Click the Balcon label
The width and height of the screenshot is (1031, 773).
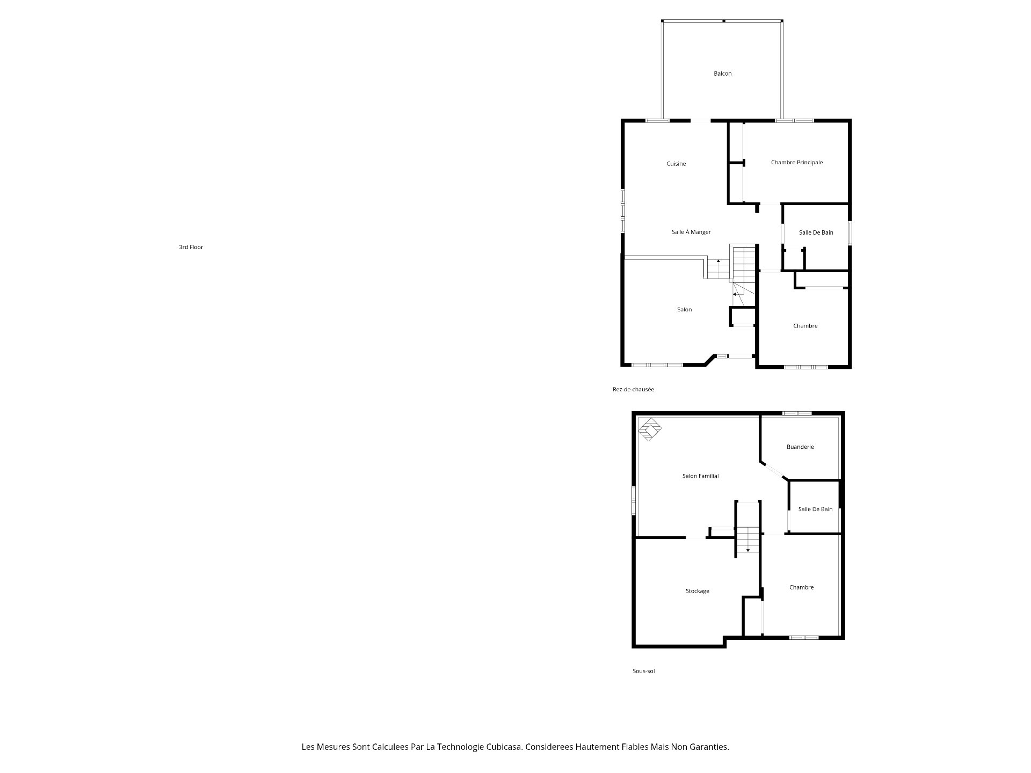pyautogui.click(x=722, y=74)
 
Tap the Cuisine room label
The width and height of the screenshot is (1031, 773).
pyautogui.click(x=676, y=164)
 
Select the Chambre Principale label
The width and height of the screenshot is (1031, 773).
pyautogui.click(x=796, y=162)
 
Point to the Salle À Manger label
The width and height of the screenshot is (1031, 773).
pyautogui.click(x=691, y=232)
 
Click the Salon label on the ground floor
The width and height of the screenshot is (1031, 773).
pyautogui.click(x=684, y=309)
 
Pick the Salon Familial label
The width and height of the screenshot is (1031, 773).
pyautogui.click(x=700, y=476)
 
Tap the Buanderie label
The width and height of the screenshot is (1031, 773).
pyautogui.click(x=800, y=447)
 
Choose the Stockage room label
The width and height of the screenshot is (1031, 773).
pyautogui.click(x=697, y=591)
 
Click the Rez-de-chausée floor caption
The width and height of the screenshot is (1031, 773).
pyautogui.click(x=633, y=389)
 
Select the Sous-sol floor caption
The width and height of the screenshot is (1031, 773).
pyautogui.click(x=643, y=671)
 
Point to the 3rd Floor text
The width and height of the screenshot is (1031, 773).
pyautogui.click(x=191, y=247)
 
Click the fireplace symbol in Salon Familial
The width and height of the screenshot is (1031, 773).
pyautogui.click(x=650, y=429)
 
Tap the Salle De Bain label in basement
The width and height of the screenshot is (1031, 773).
pyautogui.click(x=815, y=509)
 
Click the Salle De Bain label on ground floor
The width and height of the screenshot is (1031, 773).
pyautogui.click(x=816, y=232)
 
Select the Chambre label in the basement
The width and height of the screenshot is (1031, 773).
pyautogui.click(x=801, y=587)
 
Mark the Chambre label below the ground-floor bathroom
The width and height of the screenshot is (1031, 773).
pyautogui.click(x=805, y=326)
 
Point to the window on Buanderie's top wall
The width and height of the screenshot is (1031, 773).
pyautogui.click(x=796, y=413)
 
